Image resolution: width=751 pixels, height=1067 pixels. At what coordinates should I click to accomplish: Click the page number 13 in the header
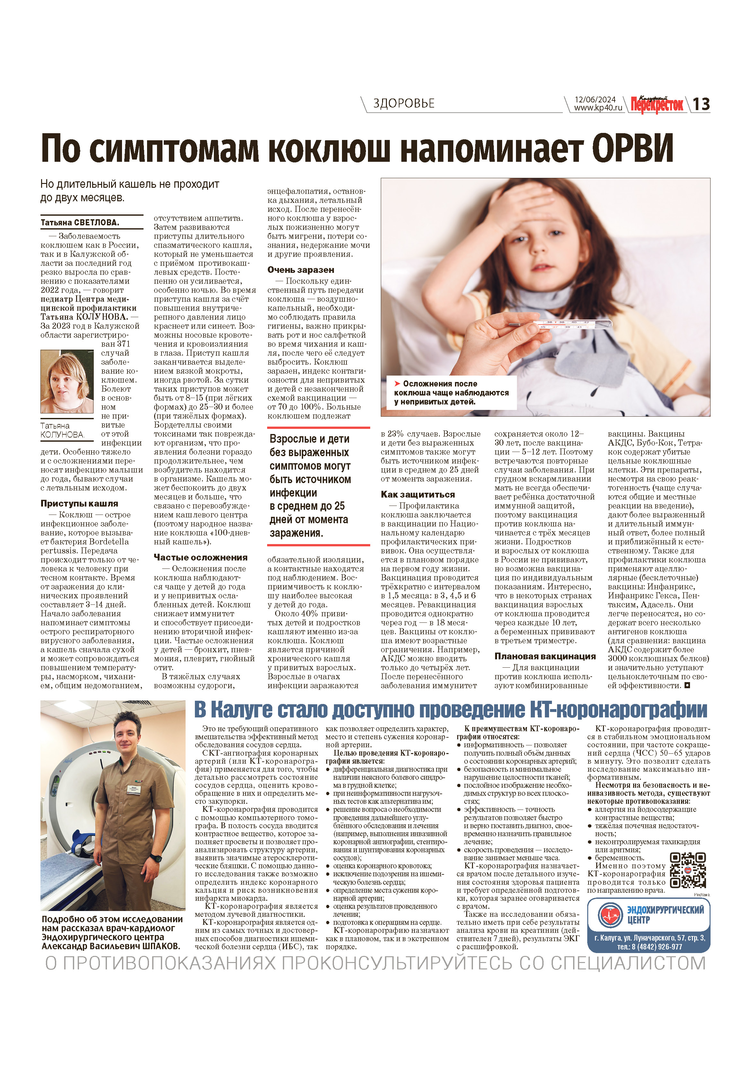click(701, 104)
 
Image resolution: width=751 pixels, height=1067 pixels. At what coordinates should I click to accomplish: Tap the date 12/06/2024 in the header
click(595, 100)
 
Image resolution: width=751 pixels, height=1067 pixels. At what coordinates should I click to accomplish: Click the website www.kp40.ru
click(598, 108)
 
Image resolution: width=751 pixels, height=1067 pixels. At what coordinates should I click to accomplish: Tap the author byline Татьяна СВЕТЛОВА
click(80, 222)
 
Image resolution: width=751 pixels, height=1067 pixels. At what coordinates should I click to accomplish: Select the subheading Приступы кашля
click(79, 503)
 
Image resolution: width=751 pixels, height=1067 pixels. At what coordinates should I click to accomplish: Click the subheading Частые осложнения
click(200, 557)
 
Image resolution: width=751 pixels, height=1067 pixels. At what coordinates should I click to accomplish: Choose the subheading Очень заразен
click(300, 270)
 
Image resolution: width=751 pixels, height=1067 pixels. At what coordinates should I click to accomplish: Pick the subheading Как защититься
click(417, 494)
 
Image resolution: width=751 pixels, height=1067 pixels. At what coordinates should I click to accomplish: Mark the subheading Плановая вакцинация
click(545, 656)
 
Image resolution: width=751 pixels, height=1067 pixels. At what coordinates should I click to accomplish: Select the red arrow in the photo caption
click(397, 383)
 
